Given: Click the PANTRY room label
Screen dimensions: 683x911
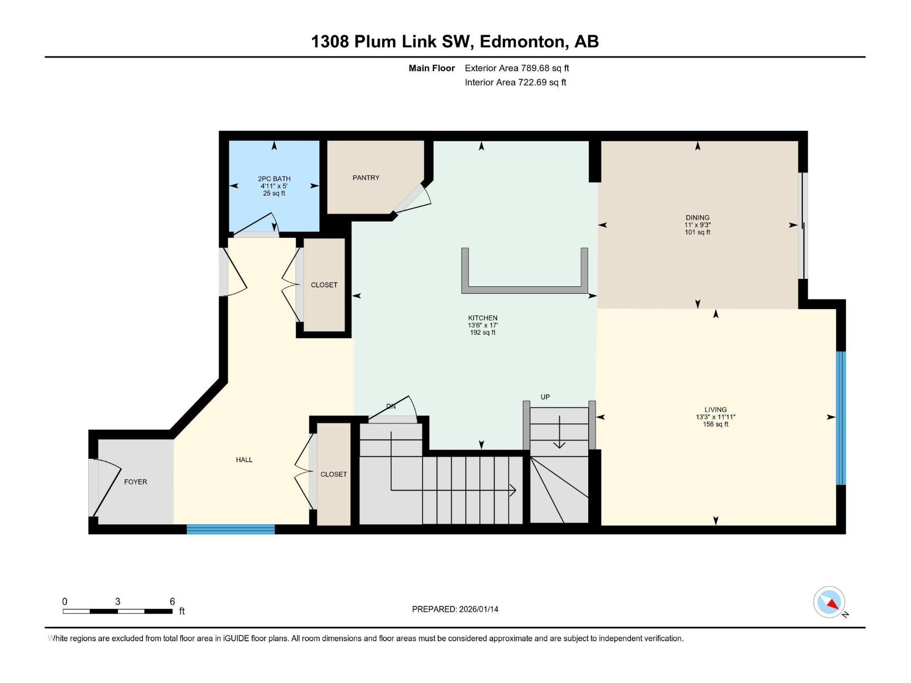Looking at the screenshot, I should [366, 178].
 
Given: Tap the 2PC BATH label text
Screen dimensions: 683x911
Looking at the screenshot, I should [274, 179].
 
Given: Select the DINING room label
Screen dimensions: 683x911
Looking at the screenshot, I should [697, 217].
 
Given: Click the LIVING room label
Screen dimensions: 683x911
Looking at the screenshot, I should [715, 409].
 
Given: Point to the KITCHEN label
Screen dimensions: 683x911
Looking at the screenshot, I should [482, 318].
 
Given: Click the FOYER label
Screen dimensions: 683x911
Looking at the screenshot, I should [136, 482].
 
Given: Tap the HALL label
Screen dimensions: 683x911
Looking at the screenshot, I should [244, 459].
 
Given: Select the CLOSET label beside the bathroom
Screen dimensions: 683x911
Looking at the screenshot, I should [324, 285].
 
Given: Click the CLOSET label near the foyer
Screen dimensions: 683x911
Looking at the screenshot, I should [333, 474].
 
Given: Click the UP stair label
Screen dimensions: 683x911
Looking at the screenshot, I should [545, 397].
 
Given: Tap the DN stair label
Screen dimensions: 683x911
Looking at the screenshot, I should [391, 406].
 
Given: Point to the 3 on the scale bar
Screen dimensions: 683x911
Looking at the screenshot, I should [117, 602].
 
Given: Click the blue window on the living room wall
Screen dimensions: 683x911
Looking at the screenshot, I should [840, 418].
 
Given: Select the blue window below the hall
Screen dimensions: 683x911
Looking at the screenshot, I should [231, 529].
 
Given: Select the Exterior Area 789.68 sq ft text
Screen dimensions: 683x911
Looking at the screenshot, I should [516, 68].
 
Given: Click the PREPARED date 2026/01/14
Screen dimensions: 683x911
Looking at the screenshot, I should [455, 609].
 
